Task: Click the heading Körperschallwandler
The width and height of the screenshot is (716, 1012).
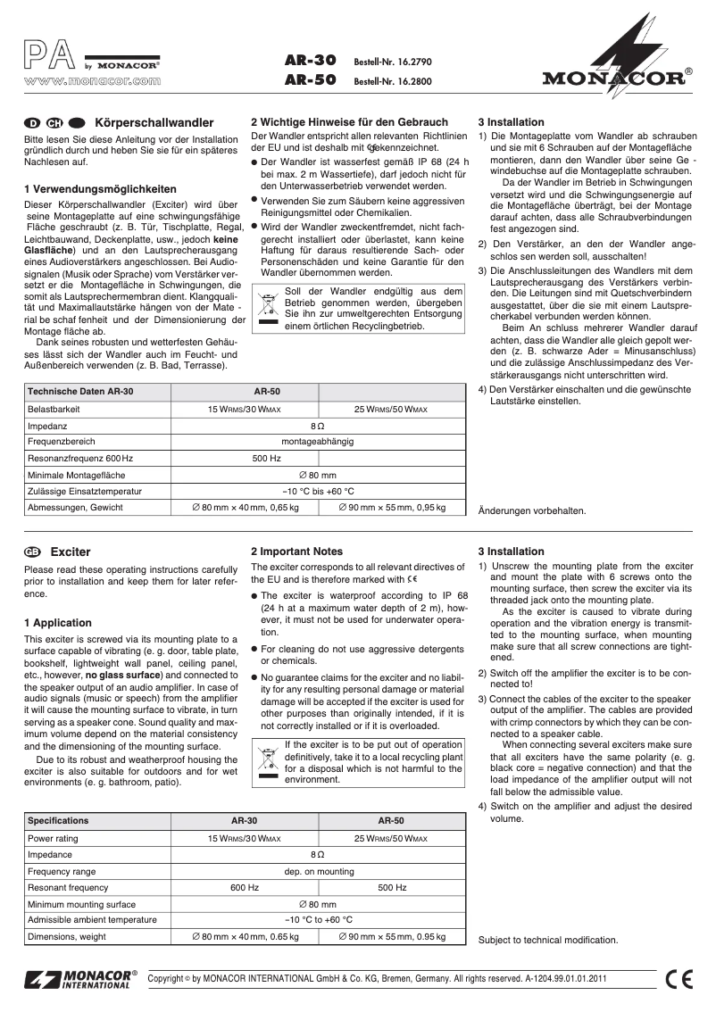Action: click(154, 122)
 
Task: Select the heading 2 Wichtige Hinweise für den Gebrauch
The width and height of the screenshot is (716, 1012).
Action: click(349, 121)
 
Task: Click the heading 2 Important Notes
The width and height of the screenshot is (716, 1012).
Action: click(296, 552)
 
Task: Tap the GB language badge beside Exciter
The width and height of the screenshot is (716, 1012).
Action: click(34, 552)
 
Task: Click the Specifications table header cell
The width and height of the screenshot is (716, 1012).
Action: click(58, 819)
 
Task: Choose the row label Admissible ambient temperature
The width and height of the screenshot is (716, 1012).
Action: click(92, 919)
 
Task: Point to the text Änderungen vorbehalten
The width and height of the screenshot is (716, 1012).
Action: click(532, 511)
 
